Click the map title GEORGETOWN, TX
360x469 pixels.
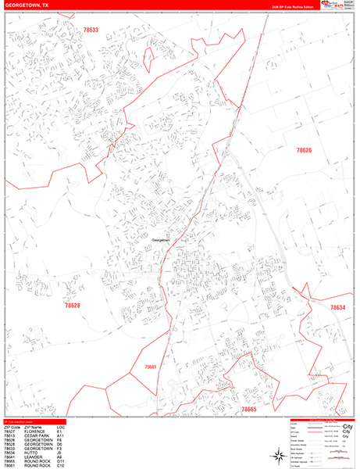[29, 4]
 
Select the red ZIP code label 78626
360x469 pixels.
[304, 150]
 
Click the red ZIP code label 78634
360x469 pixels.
[337, 308]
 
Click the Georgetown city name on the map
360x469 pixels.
[160, 240]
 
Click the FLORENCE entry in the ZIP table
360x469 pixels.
[34, 430]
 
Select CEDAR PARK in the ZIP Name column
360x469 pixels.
[37, 435]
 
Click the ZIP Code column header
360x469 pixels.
[11, 426]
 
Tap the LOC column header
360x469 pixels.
[60, 426]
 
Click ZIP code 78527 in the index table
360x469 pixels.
[9, 430]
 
